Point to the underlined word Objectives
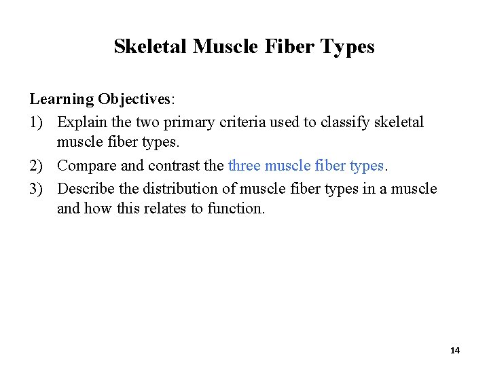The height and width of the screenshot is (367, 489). (135, 99)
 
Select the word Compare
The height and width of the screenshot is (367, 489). (86, 166)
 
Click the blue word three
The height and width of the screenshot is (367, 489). (245, 166)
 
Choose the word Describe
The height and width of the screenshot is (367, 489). (85, 188)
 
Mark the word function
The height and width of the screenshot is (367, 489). (239, 209)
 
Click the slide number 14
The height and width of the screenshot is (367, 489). (454, 351)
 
